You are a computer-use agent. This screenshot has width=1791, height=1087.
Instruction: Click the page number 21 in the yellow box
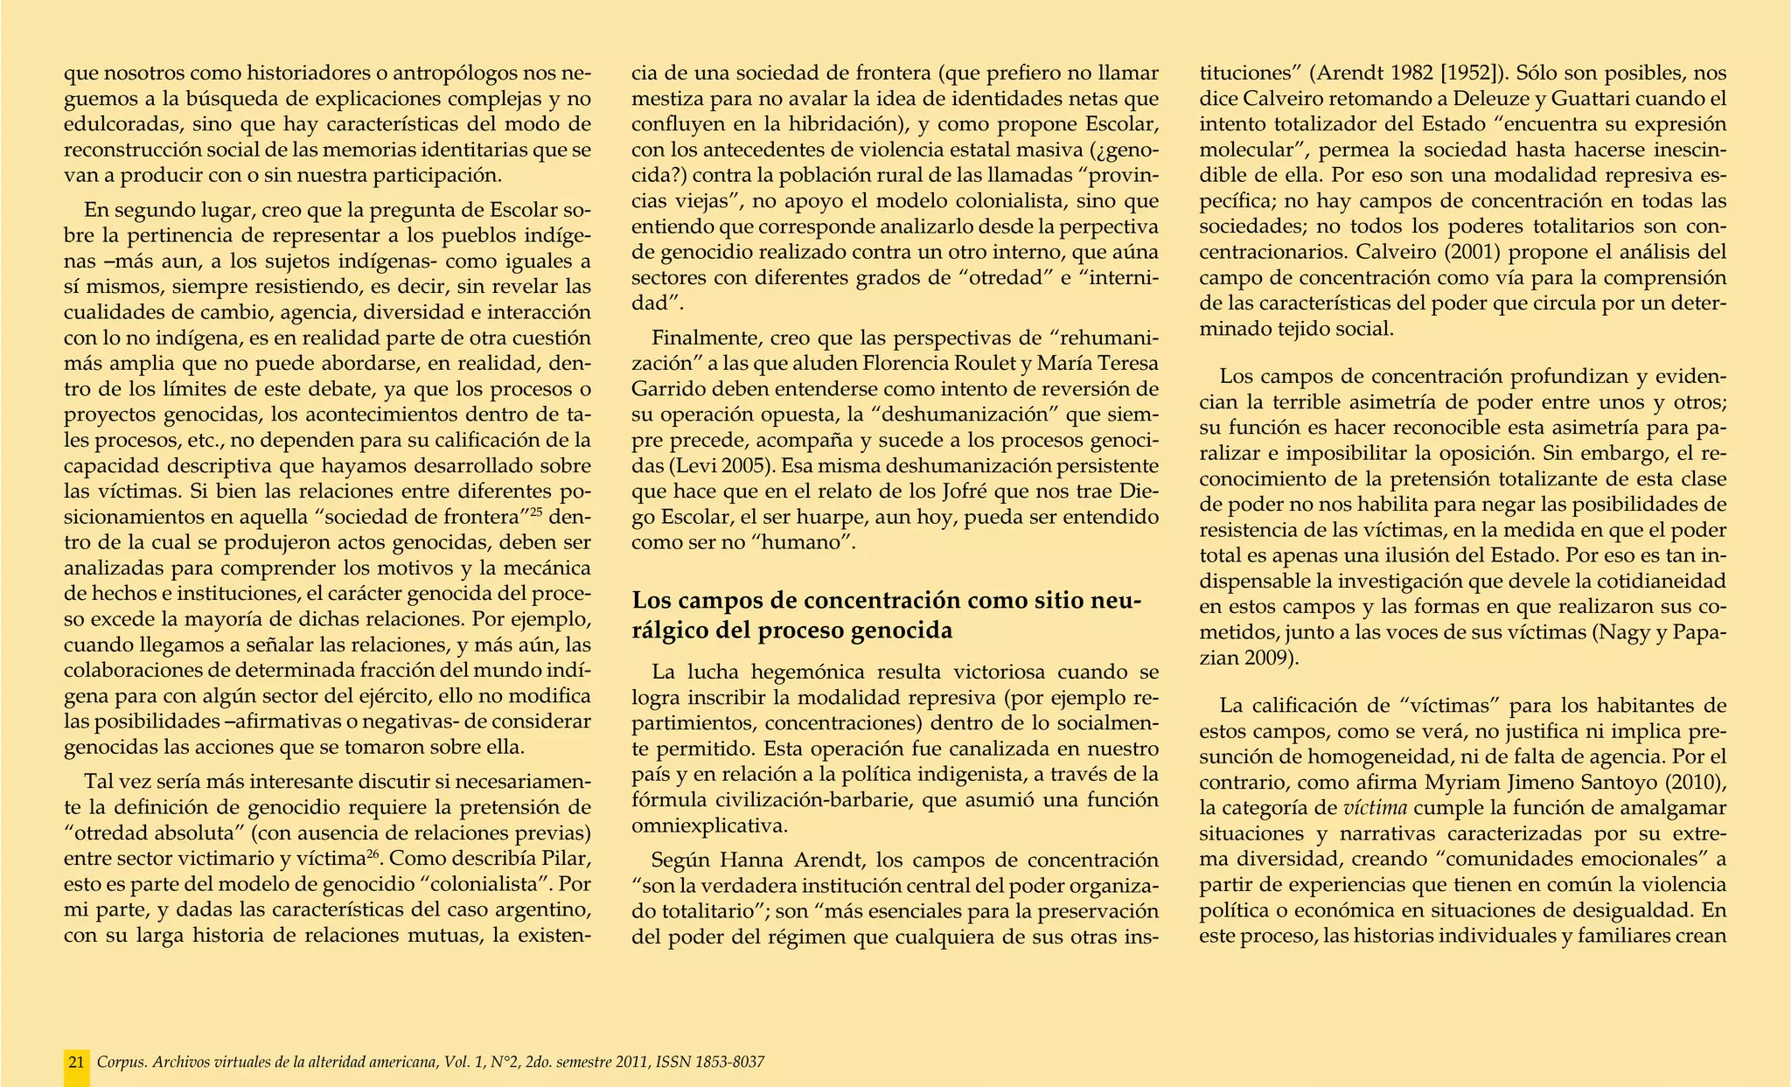(x=77, y=1063)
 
